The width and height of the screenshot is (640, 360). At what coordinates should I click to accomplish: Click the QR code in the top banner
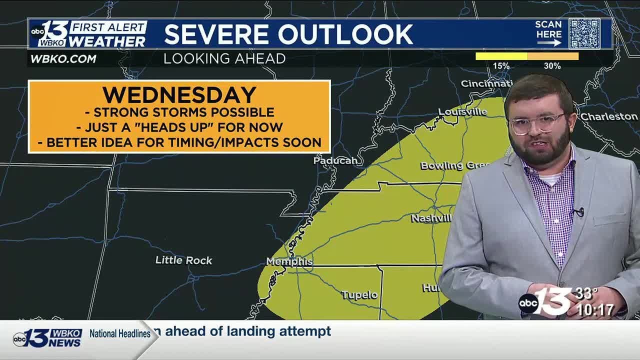tap(584, 33)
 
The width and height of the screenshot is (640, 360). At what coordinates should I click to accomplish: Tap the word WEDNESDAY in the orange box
tap(179, 95)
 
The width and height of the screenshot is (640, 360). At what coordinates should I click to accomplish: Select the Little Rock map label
tap(183, 260)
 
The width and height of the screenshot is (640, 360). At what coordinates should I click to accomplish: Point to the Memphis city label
tap(289, 261)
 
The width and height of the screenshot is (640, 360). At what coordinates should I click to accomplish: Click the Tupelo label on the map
tap(359, 295)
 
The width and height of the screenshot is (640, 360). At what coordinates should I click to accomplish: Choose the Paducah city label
tap(335, 160)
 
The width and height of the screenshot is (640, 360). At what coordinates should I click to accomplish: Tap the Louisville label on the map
tap(462, 111)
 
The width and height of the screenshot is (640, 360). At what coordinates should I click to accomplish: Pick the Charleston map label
tap(609, 116)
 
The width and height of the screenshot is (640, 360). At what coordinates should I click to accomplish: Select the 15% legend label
tap(501, 66)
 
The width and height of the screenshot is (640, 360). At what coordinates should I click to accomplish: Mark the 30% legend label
tap(552, 66)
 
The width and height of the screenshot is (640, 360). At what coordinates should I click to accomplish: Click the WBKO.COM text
tap(63, 58)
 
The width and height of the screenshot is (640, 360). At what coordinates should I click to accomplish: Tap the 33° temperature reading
tap(586, 293)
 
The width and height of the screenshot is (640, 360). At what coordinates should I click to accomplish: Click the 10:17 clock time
tap(595, 310)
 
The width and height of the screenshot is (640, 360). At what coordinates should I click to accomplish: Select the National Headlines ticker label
tap(120, 333)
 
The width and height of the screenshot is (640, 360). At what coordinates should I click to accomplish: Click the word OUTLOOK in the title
tap(346, 34)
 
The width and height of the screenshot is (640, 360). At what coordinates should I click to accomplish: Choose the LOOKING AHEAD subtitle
tap(224, 58)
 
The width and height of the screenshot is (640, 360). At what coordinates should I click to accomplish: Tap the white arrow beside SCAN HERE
tap(549, 43)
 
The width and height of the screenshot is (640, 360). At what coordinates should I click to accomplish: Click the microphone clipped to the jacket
tap(578, 212)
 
